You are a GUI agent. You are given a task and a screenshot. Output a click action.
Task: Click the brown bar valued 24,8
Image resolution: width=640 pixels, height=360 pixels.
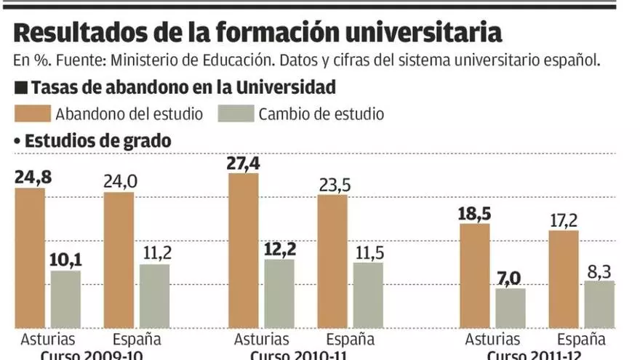(30, 257)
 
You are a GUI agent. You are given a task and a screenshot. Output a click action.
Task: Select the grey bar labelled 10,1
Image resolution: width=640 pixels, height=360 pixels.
(65, 299)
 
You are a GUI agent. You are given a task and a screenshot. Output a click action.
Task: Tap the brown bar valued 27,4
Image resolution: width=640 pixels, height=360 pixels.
(244, 250)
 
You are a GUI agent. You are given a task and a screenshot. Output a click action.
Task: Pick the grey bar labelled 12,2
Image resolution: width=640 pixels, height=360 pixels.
(279, 293)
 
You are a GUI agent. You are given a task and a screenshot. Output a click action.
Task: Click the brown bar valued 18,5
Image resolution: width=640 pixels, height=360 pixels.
(474, 276)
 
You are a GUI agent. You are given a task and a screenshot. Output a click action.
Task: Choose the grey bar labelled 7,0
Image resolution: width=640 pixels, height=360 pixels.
(510, 308)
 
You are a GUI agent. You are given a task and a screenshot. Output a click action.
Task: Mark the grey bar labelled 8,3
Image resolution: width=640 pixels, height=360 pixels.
(599, 304)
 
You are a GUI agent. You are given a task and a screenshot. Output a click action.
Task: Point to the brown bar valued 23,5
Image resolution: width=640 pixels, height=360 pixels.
(332, 261)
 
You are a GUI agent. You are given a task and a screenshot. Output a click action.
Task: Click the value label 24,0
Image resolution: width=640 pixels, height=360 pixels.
(119, 181)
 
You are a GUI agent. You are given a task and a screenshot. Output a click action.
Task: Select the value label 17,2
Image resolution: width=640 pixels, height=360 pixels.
(564, 218)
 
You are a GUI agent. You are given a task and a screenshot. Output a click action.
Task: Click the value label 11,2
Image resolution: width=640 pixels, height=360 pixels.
(155, 252)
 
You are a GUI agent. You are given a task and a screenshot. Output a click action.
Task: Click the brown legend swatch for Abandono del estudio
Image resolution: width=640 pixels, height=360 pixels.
(32, 113)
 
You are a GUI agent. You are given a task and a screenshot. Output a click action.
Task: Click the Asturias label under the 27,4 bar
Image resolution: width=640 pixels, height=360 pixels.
(261, 340)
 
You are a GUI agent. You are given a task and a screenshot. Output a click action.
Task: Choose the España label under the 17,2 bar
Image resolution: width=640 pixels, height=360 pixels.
(581, 340)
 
